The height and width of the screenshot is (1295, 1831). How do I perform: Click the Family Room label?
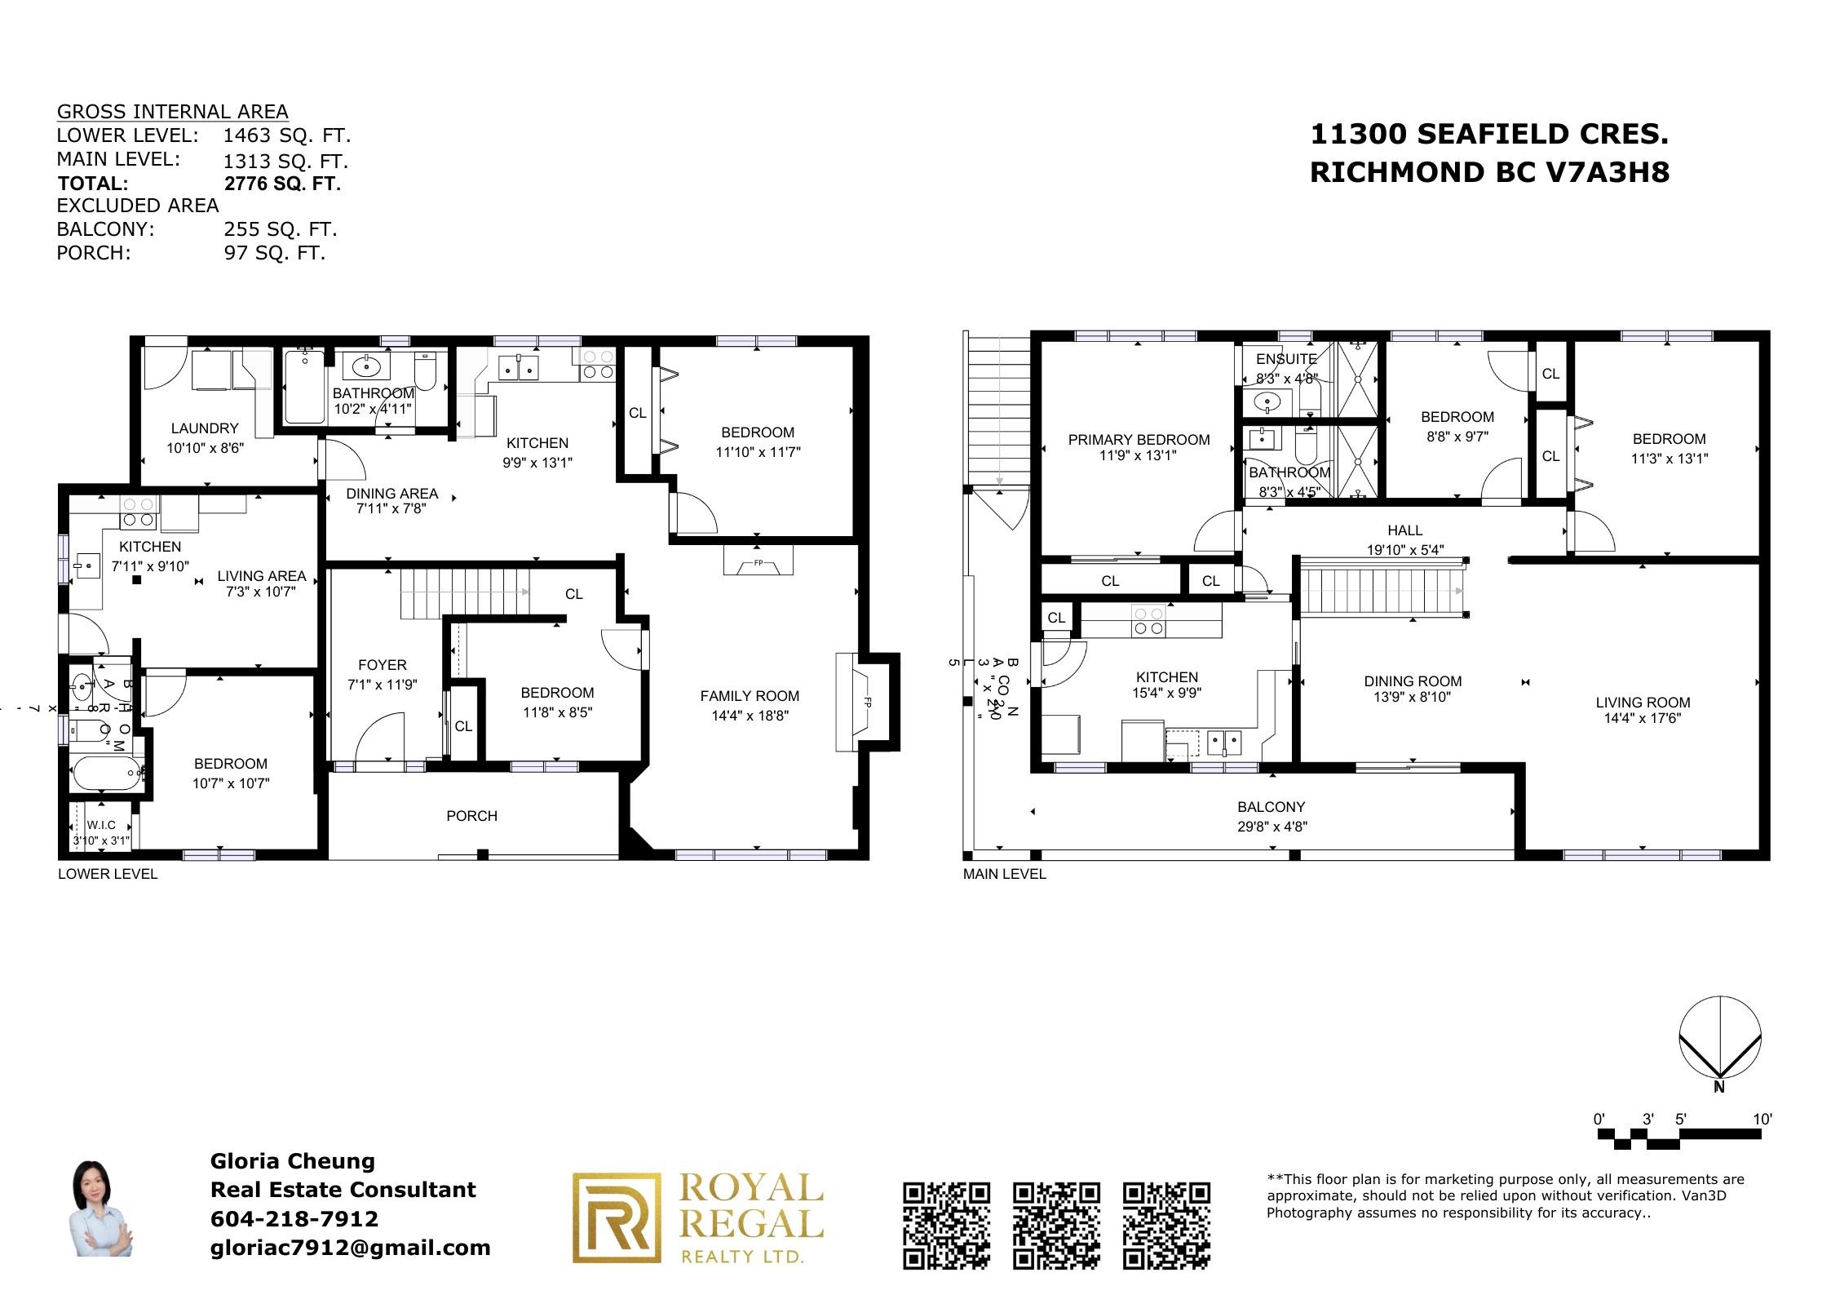tap(749, 696)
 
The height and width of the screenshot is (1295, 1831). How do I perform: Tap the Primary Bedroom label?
tap(1139, 440)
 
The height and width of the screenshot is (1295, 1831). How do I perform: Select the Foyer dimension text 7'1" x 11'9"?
tap(382, 685)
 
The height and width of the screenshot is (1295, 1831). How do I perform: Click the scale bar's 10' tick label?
tap(1762, 1120)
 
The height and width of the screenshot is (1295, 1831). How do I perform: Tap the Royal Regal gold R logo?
tap(617, 1217)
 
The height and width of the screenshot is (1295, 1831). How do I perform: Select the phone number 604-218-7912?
tap(294, 1219)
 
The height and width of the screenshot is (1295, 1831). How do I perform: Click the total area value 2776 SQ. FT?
tap(282, 184)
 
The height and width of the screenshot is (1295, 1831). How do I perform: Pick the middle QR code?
tap(1056, 1225)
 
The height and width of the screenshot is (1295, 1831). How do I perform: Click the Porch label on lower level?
tap(471, 816)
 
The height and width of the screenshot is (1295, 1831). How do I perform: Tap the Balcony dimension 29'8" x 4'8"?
tap(1271, 827)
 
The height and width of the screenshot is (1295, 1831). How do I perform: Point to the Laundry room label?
tap(205, 428)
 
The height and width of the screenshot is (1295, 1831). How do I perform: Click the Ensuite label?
tap(1286, 359)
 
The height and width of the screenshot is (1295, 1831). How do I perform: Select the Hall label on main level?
tap(1404, 530)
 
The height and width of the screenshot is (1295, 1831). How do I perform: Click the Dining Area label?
tap(391, 494)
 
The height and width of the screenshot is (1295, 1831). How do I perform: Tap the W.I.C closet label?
tap(101, 826)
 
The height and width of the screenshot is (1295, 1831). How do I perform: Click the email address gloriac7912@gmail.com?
tap(351, 1248)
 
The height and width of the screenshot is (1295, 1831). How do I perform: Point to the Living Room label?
tap(1643, 703)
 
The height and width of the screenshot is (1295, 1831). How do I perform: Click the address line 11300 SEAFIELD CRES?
tap(1488, 135)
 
